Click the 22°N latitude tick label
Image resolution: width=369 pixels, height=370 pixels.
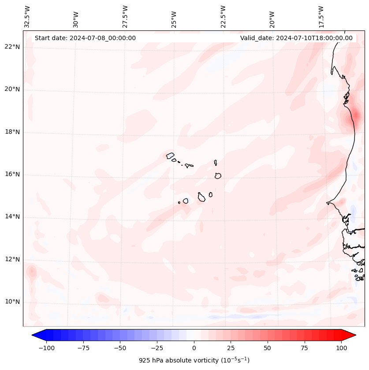(13, 47)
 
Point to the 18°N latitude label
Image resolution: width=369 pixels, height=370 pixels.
(13, 132)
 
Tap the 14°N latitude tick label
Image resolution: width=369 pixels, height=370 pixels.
(13, 217)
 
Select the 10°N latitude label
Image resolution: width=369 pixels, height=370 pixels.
(13, 302)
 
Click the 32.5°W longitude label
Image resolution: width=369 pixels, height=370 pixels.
(27, 17)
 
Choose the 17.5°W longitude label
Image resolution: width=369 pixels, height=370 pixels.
(321, 17)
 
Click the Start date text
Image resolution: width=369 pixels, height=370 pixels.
(85, 38)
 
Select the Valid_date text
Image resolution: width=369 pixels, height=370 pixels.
(296, 38)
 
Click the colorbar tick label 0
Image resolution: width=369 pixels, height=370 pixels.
(194, 348)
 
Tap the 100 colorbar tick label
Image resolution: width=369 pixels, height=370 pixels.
(341, 348)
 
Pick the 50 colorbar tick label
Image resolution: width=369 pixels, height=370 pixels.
(268, 348)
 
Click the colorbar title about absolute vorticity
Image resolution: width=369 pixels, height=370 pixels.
(194, 360)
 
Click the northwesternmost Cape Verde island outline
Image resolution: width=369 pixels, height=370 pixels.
(170, 156)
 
